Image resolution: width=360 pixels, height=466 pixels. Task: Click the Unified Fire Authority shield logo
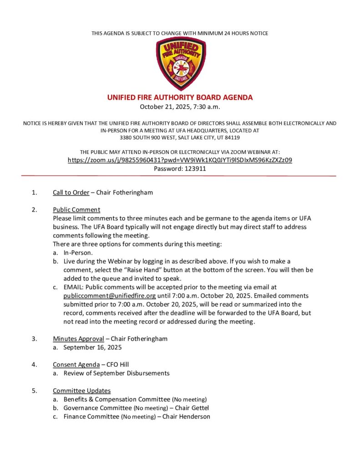click(180, 64)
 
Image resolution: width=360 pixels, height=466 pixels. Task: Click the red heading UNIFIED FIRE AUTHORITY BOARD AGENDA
click(180, 97)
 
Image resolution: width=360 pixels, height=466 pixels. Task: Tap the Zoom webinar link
click(180, 160)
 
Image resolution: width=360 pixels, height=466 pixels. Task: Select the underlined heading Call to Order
click(71, 192)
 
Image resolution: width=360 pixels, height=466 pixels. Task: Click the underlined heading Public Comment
click(76, 210)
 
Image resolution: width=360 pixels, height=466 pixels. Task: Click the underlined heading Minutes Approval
click(78, 339)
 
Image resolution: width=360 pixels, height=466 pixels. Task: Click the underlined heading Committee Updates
click(81, 390)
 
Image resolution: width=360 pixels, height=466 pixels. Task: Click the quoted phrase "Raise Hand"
click(142, 270)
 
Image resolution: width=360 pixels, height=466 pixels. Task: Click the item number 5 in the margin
click(34, 390)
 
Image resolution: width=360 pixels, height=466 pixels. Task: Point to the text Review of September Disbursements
click(117, 373)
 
